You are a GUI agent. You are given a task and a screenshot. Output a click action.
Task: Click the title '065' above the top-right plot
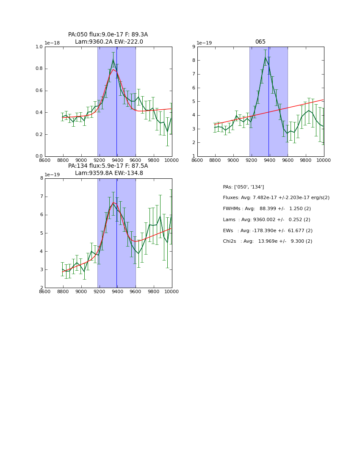click(x=260, y=42)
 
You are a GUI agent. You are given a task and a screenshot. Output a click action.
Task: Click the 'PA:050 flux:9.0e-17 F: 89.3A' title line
click(x=108, y=35)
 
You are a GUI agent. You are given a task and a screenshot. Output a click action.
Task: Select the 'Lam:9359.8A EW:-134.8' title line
click(x=109, y=173)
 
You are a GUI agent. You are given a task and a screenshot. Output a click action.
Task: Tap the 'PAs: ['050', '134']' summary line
click(x=243, y=187)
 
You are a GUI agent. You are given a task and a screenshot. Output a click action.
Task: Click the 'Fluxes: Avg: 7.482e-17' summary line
click(x=276, y=198)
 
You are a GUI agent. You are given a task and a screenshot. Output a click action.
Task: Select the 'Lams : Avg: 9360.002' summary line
click(x=266, y=220)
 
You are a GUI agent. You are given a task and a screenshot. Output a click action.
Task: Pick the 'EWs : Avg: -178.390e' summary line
click(x=267, y=231)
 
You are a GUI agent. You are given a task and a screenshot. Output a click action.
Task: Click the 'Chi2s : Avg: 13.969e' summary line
click(x=267, y=241)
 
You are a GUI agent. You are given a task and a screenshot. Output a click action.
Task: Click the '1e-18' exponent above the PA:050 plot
click(x=52, y=43)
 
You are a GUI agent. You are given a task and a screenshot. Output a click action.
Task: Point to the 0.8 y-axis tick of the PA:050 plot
click(x=39, y=69)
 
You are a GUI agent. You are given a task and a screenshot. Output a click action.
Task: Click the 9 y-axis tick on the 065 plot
click(x=193, y=47)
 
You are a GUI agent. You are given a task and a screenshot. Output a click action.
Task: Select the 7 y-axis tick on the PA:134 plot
click(x=41, y=197)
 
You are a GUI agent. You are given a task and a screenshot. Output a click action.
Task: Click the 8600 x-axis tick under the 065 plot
click(x=197, y=160)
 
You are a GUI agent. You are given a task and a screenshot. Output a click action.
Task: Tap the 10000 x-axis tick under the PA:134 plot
click(x=171, y=291)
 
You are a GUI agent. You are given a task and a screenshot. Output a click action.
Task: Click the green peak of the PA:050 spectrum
click(x=113, y=59)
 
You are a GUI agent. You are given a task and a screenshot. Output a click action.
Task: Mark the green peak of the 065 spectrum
click(x=265, y=57)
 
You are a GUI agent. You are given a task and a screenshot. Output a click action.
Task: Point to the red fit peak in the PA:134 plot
click(x=113, y=202)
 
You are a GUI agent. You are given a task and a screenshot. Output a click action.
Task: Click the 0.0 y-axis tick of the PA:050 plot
click(x=39, y=156)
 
